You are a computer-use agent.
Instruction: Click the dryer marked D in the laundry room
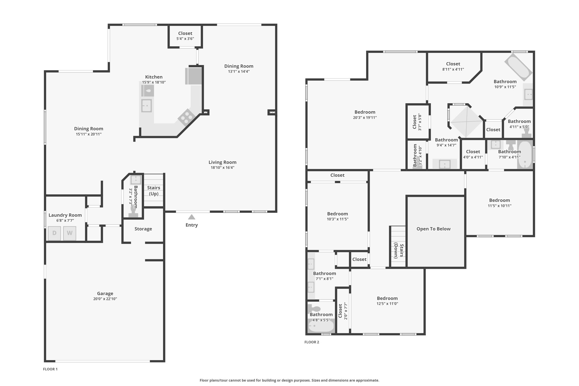[54, 233]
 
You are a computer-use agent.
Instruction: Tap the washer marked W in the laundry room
[70, 233]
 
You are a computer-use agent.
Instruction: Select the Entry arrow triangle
[192, 217]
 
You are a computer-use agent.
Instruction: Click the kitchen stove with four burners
[186, 117]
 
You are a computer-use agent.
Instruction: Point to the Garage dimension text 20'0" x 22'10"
[105, 299]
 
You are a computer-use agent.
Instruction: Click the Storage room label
[143, 229]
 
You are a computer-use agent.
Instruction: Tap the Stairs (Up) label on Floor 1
[154, 191]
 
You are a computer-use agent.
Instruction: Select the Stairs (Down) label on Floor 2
[399, 251]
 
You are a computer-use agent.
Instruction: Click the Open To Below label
[433, 229]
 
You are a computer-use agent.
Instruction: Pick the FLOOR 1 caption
[50, 369]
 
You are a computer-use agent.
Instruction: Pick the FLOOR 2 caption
[312, 342]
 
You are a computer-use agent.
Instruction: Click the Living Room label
[222, 162]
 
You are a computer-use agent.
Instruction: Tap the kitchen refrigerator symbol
[194, 76]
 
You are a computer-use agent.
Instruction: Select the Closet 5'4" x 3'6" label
[185, 36]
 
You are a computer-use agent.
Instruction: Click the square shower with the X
[466, 122]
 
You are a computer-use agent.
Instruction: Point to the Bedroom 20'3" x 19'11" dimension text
[365, 118]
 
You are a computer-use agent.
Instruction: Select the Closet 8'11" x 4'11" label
[453, 66]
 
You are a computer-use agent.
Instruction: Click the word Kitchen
[154, 77]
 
